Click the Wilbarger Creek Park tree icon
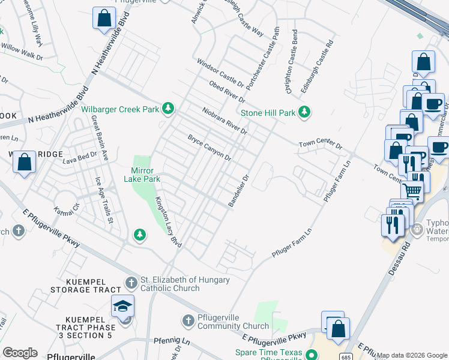coord(169,109)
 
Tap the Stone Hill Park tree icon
coord(305,112)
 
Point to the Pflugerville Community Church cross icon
coord(188,320)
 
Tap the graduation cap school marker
coord(123,306)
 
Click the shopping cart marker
coord(412,191)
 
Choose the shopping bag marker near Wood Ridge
coord(24,162)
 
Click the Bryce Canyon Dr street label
coord(209,148)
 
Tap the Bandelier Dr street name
coord(238,191)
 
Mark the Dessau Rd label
coord(399,258)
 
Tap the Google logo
coord(20,353)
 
